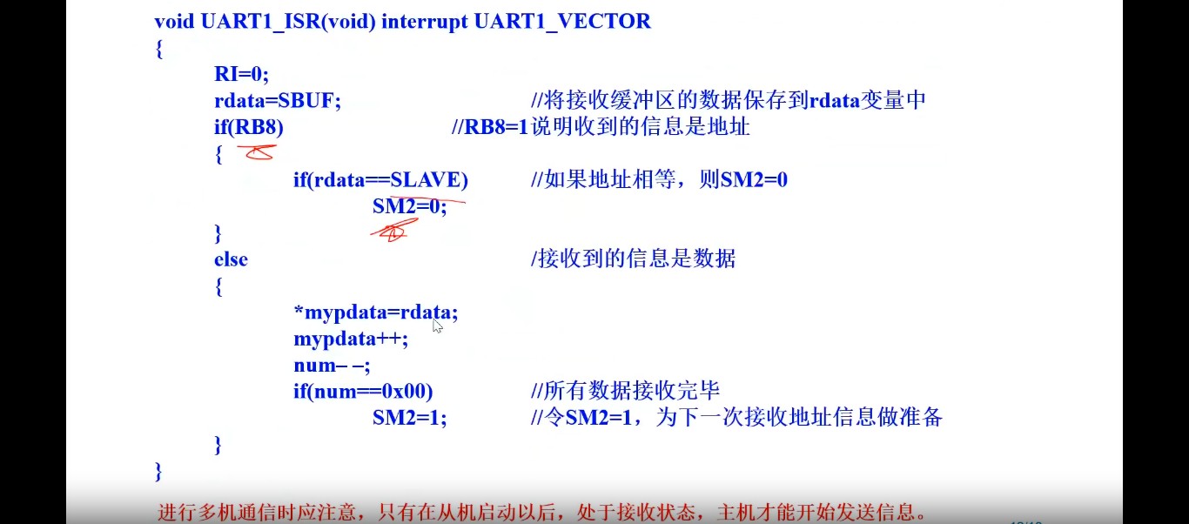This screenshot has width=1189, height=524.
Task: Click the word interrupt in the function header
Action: point(425,22)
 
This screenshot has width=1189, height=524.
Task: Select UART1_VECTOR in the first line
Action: point(562,22)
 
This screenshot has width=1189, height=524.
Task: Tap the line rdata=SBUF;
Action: point(278,101)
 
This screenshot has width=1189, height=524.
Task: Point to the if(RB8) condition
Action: point(249,127)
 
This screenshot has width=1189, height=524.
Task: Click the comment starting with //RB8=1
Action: point(601,127)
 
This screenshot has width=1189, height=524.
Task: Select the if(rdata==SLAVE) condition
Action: point(380,180)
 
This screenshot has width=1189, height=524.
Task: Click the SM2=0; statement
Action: point(409,206)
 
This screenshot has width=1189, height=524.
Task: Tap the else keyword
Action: point(231,259)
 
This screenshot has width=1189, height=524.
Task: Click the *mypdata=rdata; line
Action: point(375,312)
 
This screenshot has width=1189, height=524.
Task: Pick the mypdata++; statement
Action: point(350,339)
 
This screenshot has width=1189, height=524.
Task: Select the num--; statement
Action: point(332,366)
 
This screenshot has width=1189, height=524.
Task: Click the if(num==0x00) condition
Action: point(363,392)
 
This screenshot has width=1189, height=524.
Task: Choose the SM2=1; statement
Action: point(409,418)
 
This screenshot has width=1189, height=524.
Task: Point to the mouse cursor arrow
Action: point(436,326)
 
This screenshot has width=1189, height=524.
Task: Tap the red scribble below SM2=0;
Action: point(393,231)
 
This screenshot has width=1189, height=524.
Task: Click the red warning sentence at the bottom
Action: point(541,512)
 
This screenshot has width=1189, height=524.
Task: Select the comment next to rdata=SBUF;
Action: point(728,101)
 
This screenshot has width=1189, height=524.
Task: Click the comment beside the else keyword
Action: point(633,259)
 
